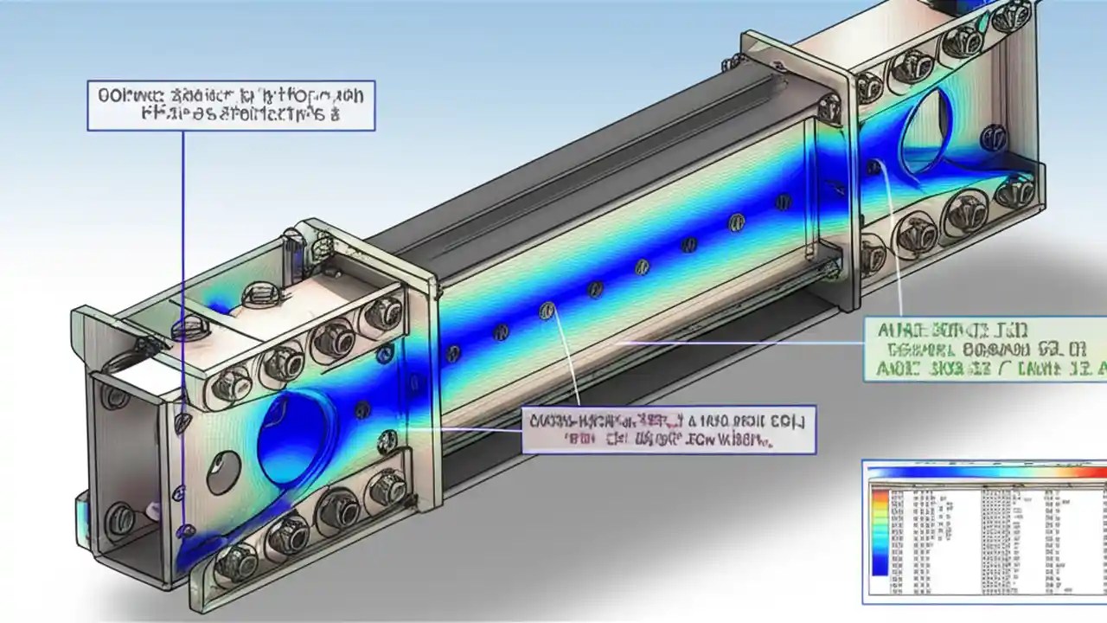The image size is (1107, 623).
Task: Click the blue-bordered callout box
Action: point(231,106)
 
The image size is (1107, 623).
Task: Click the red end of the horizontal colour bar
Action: point(1097,473)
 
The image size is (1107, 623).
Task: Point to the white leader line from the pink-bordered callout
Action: point(562,363)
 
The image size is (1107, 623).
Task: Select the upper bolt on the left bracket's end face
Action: point(115,396)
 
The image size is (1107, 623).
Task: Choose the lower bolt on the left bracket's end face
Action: point(119,519)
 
